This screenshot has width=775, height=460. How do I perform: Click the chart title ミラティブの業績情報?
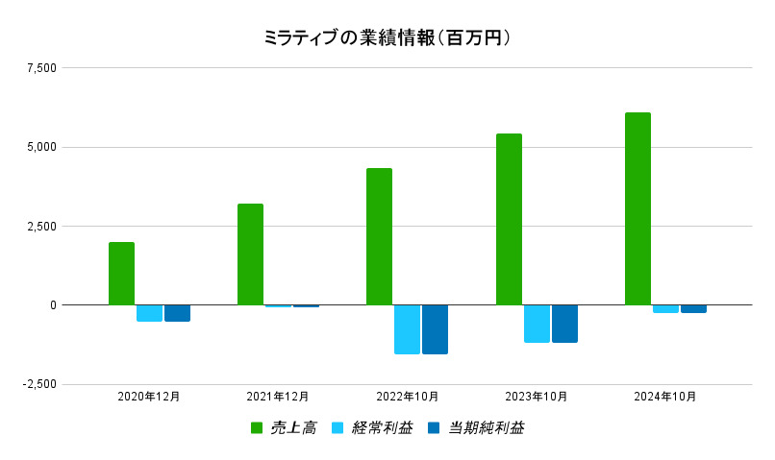coord(387,37)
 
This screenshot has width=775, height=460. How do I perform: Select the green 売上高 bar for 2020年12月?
coord(121,274)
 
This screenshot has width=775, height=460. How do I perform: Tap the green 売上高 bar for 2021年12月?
coord(250,254)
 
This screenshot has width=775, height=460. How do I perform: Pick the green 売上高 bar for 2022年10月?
coord(379,237)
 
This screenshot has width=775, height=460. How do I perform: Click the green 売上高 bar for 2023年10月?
coord(509,220)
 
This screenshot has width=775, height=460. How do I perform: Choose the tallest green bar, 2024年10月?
coord(637,209)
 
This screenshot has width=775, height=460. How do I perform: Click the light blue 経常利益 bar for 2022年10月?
coord(407,329)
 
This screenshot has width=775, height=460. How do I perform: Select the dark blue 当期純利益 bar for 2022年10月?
coord(435,329)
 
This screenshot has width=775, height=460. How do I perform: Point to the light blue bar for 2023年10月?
coord(537,324)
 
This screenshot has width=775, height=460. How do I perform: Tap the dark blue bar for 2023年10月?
coord(564,324)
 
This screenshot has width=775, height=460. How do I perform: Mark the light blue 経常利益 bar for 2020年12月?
coord(149,313)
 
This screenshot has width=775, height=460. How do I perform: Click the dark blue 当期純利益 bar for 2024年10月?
coord(693,309)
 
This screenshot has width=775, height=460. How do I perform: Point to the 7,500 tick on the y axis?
coord(42,68)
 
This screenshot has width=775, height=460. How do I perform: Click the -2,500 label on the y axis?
coord(39,384)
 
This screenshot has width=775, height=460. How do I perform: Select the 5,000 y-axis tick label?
coord(42,147)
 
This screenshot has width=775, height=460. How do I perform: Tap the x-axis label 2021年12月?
coord(278,396)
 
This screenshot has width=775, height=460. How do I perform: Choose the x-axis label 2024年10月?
coord(665,396)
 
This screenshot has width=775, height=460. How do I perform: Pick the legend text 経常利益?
coord(383,428)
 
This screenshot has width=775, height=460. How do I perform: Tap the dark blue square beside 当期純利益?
coord(434,428)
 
